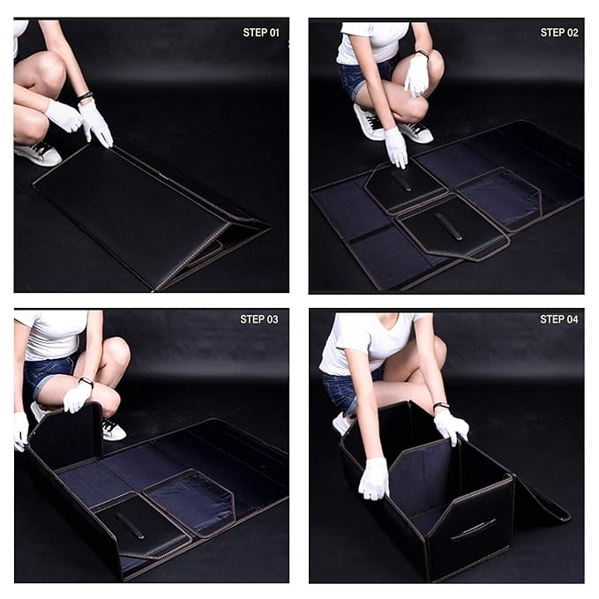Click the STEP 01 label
260,33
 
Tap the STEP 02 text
559,33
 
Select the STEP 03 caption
259,319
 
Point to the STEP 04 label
559,319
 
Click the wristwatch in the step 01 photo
85,96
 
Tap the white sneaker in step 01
39,153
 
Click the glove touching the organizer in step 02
396,147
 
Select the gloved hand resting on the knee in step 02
416,75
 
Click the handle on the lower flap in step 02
448,226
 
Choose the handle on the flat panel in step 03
131,526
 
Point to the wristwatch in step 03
86,383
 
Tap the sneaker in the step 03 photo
112,430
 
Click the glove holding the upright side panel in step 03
20,431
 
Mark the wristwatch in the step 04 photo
441,407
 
